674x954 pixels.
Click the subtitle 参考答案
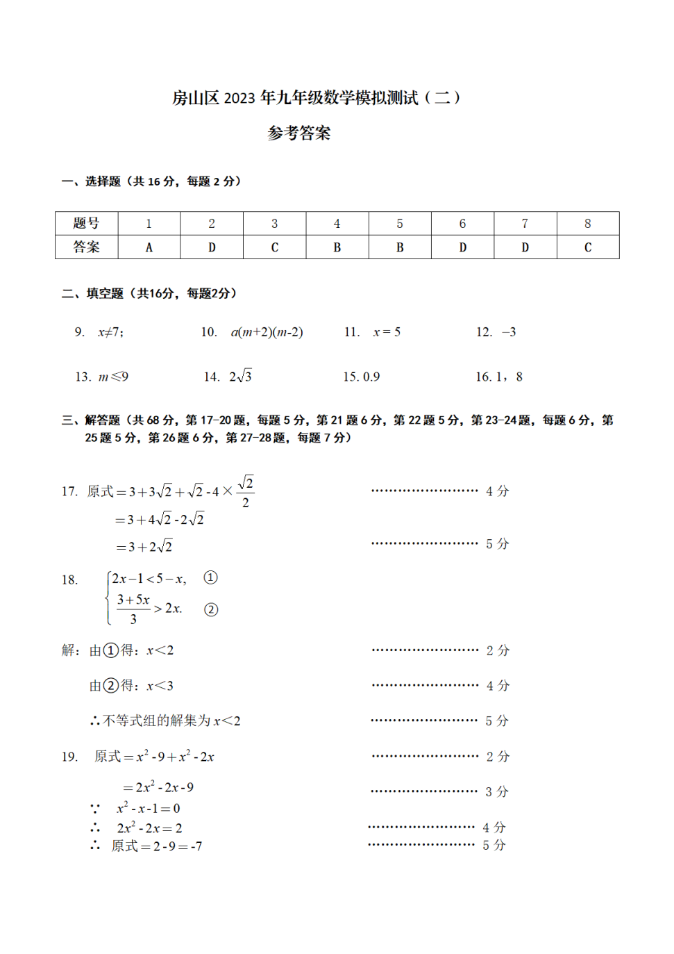click(x=299, y=133)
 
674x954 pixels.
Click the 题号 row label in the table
click(x=86, y=223)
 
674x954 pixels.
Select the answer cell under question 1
click(x=149, y=247)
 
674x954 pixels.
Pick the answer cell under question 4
click(x=337, y=247)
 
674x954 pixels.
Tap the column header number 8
click(x=587, y=223)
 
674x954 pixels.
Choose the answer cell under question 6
click(x=462, y=247)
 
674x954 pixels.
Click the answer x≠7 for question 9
click(x=110, y=332)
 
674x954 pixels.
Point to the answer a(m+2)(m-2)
click(x=267, y=332)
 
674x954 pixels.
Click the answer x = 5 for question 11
click(x=387, y=332)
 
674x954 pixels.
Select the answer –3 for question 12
click(x=509, y=332)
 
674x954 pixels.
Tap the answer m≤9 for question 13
click(x=113, y=377)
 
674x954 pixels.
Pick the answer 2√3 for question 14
click(x=240, y=377)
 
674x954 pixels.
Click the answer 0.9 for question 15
click(x=371, y=377)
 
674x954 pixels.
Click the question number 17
click(x=69, y=491)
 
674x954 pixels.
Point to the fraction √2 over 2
click(x=246, y=492)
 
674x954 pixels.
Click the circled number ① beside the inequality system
click(x=210, y=577)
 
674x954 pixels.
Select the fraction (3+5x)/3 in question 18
click(x=133, y=608)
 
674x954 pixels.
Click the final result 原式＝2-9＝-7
click(x=157, y=846)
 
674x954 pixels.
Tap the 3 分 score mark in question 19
click(x=497, y=791)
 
